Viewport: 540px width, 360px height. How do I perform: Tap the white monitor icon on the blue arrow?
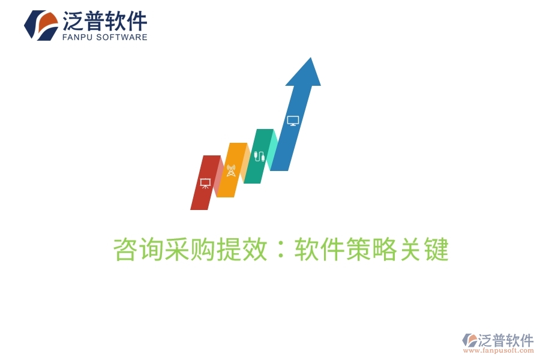pos(293,121)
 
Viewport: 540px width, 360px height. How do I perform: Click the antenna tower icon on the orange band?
pos(230,170)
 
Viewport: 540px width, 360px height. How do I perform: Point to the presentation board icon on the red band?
pos(205,184)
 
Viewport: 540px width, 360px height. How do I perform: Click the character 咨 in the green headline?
pos(125,250)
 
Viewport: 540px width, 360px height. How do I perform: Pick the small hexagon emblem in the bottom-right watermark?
pos(469,341)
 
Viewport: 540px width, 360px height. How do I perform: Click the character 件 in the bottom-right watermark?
pos(526,340)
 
